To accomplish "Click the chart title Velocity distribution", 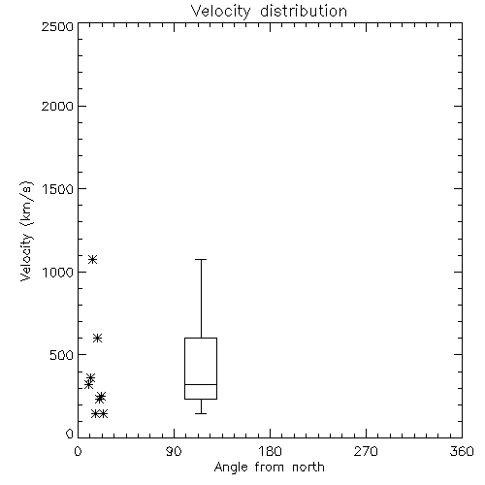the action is coord(269,12).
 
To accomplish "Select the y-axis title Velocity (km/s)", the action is coord(26,231).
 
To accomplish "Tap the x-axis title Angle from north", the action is coord(269,468).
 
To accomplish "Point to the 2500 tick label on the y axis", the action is coord(57,26).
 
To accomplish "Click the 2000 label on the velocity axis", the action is coord(57,106).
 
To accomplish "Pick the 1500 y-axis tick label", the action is coord(58,189).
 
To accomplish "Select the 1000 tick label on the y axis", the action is coord(58,272).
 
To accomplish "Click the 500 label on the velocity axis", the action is coord(62,355).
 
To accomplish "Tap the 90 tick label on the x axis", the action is coord(174,451).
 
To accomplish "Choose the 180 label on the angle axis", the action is coord(270,451).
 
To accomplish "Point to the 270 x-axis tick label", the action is coord(366,451).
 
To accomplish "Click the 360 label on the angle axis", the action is coord(462,451).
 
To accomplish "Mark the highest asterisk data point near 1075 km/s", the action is coord(93,259).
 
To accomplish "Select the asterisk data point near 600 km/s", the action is coord(98,339).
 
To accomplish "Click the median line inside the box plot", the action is coord(201,384).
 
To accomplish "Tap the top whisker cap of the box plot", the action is coord(201,259).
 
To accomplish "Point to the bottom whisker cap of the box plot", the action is coord(201,413).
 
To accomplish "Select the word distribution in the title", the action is coord(304,12).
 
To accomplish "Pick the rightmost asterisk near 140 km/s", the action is coord(103,413).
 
